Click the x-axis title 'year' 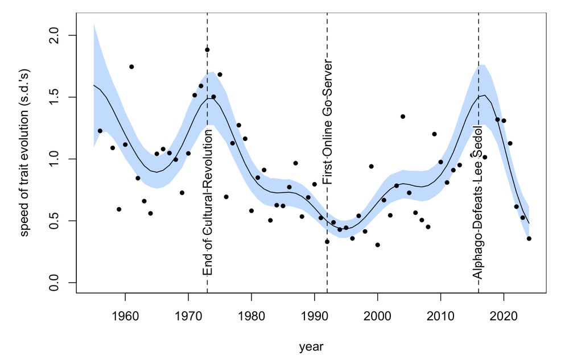pos(312,345)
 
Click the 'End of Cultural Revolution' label pos(208,202)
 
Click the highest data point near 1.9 pos(207,50)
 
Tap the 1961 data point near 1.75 pos(131,67)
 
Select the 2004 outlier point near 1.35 pos(403,117)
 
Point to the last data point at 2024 pos(529,238)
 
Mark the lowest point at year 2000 pos(377,245)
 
